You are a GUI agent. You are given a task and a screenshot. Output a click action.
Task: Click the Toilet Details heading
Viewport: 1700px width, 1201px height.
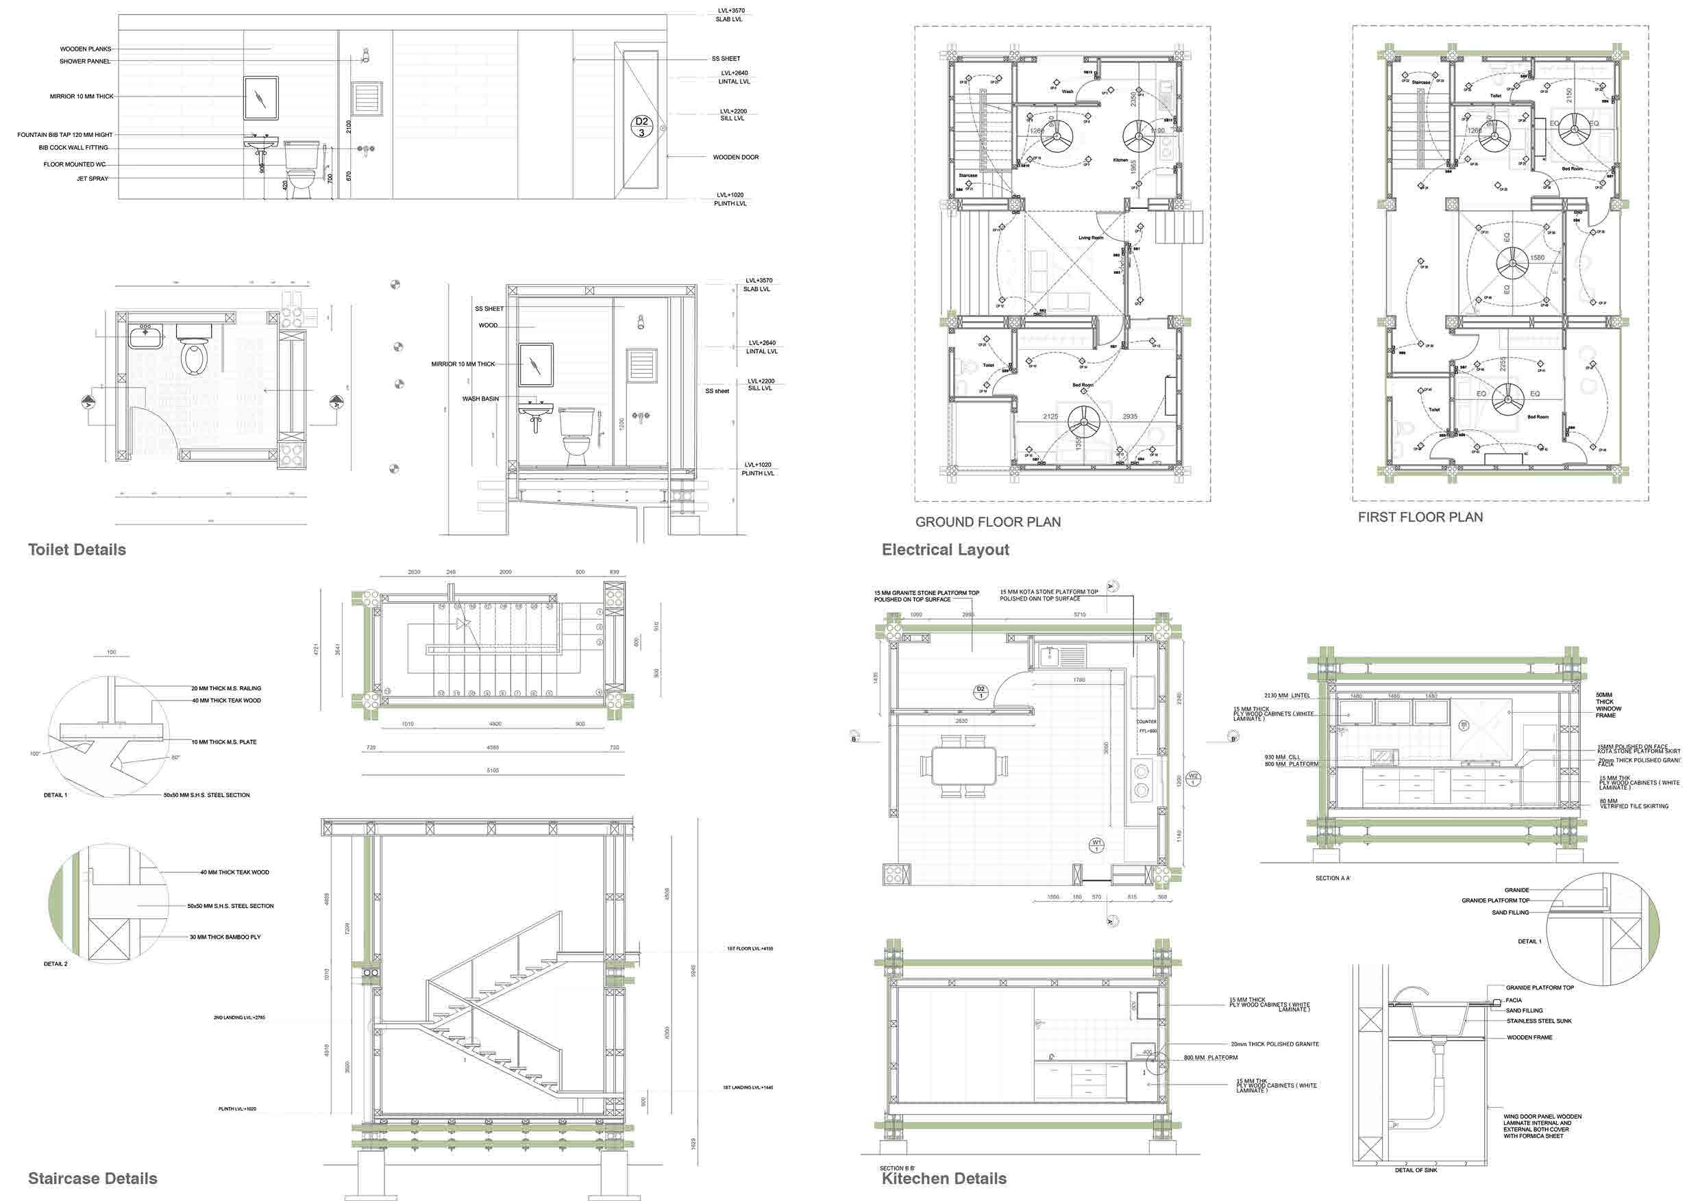[77, 550]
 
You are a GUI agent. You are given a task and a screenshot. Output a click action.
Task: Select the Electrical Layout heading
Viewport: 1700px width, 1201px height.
[945, 550]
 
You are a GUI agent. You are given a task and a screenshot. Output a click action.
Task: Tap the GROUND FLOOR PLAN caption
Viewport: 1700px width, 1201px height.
[987, 522]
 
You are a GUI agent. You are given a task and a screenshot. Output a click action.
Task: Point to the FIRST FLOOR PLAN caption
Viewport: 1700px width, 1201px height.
[1420, 517]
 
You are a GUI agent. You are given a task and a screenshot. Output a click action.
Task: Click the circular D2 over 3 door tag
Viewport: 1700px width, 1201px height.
[641, 127]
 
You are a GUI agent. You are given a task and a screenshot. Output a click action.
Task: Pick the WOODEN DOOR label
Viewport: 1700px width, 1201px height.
[735, 157]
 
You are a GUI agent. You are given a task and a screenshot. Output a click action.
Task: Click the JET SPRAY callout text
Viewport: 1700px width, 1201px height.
[93, 178]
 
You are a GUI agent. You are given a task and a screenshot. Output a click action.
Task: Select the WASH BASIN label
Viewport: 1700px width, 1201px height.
[480, 399]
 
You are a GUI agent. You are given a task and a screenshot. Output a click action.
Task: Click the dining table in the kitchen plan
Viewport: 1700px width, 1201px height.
[963, 765]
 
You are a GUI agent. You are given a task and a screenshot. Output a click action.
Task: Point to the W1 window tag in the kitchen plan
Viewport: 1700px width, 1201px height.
[1096, 844]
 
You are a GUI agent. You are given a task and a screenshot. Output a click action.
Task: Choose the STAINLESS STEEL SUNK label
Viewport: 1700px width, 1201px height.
[1538, 1021]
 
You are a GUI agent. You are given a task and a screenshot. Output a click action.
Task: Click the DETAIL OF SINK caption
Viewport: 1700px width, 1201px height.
[1416, 1170]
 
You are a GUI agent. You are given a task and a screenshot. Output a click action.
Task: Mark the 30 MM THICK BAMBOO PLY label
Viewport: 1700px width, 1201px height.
[225, 937]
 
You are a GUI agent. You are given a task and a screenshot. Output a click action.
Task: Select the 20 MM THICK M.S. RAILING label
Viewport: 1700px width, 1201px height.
[226, 688]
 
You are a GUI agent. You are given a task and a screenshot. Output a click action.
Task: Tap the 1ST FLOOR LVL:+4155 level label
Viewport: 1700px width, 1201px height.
[750, 948]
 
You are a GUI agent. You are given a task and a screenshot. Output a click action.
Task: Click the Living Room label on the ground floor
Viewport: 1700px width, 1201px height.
[1091, 238]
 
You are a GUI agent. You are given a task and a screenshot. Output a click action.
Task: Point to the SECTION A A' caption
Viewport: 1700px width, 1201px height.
[1333, 878]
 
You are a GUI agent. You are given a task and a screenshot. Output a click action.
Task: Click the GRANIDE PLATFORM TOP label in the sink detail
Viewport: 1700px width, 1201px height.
[1540, 988]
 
